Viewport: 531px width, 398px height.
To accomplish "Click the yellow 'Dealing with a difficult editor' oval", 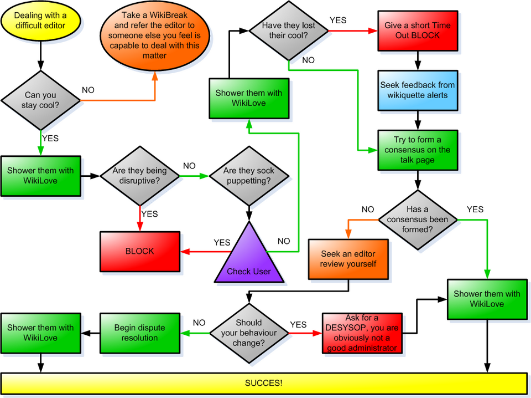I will (41, 21).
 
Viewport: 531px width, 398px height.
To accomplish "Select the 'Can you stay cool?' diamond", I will (40, 100).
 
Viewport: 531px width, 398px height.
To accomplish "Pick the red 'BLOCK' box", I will (140, 251).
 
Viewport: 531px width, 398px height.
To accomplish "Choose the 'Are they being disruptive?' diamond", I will (139, 176).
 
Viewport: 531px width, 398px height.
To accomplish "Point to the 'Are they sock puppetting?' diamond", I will (249, 176).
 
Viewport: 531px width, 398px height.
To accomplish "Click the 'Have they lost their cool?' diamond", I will (288, 30).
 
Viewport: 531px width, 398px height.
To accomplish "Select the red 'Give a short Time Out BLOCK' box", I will (418, 30).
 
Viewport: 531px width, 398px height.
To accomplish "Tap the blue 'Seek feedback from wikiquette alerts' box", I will (418, 90).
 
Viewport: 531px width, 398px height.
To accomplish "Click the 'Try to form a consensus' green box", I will (418, 150).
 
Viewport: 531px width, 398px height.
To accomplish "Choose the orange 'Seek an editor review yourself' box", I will (348, 259).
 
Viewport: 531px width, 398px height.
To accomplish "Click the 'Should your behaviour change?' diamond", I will (249, 333).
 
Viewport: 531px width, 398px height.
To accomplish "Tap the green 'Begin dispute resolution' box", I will (139, 333).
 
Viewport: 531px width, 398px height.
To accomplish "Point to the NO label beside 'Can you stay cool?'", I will (88, 90).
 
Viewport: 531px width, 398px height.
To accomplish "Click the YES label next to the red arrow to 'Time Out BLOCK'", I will (338, 20).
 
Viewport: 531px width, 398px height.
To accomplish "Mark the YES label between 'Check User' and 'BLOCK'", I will (222, 242).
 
